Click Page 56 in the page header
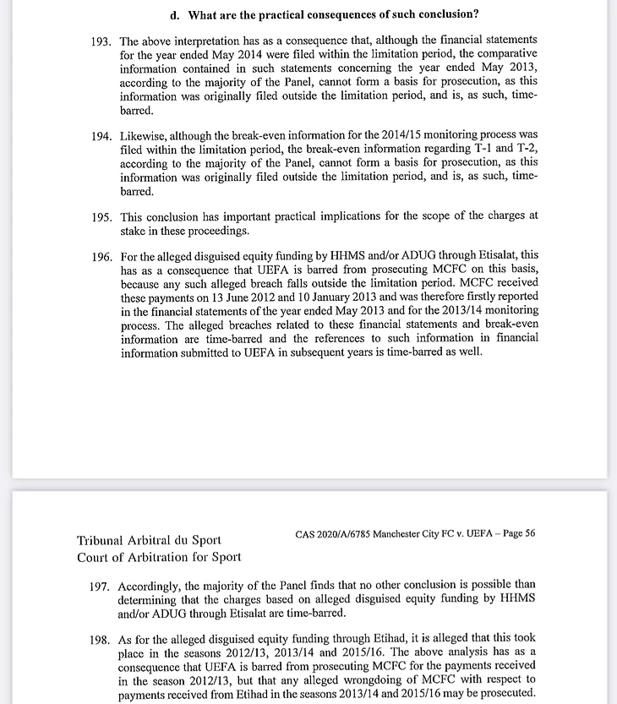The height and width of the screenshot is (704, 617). coord(516,533)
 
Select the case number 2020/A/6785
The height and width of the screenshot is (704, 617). coord(354,533)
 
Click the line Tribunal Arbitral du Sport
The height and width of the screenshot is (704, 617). coord(149,541)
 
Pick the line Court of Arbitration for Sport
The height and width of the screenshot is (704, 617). coord(158,557)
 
